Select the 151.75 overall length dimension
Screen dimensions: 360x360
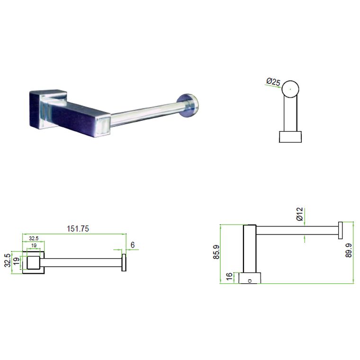[x=78, y=228]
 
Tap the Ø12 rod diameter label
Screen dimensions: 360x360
[x=299, y=215]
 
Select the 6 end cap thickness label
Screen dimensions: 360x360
[x=133, y=245]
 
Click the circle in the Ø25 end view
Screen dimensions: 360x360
[x=290, y=89]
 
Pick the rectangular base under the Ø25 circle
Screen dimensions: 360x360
[x=290, y=136]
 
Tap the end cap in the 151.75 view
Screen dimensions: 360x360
[x=124, y=262]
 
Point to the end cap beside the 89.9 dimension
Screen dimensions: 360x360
[x=340, y=231]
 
